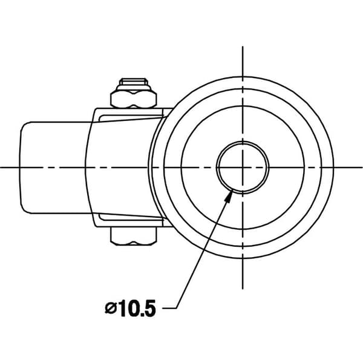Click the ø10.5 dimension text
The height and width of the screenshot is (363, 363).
coord(130,309)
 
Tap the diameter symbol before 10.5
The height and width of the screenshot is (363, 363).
coord(111,309)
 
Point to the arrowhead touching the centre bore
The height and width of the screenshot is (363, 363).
coord(230,196)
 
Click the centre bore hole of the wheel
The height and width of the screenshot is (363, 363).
coord(243,167)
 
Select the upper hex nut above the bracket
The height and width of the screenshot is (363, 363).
coord(134,99)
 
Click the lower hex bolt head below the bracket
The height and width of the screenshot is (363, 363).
coord(134,236)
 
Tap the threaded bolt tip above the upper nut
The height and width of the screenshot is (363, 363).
coord(134,82)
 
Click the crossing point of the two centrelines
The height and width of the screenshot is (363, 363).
coord(243,167)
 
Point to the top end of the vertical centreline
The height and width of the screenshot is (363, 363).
coord(243,47)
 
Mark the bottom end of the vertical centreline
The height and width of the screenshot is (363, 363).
coord(243,289)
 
